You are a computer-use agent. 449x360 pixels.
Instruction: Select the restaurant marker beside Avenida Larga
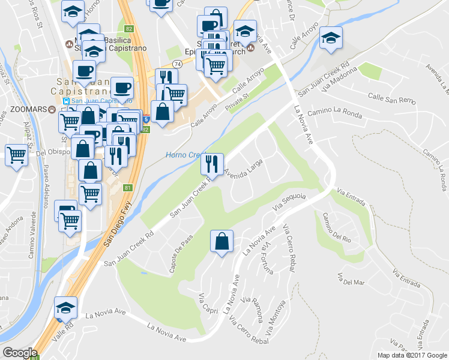point(212,163)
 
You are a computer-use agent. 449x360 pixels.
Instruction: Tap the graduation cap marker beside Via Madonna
point(331,38)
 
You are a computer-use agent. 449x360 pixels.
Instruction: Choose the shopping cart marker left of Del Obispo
point(16,155)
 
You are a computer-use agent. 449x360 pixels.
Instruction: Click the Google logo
point(20,353)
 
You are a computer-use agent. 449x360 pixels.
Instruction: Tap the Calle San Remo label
point(391,97)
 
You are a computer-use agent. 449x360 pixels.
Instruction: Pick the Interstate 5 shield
point(146,119)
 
